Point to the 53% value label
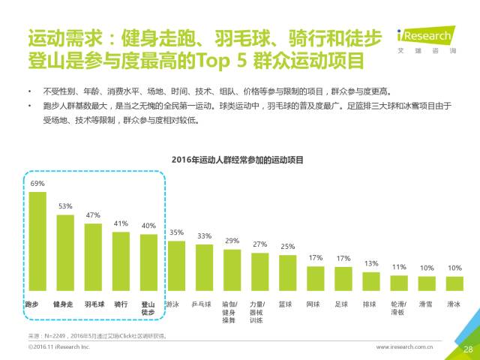65,206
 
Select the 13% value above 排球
371,263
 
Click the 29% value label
232,241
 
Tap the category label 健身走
65,304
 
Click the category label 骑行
121,304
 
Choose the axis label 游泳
172,304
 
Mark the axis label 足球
343,304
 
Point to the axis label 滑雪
427,304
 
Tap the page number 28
467,349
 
